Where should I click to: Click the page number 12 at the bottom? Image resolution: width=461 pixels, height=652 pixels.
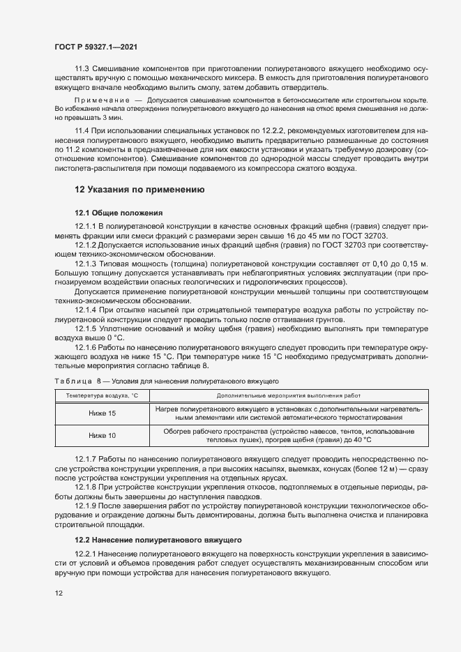(x=59, y=593)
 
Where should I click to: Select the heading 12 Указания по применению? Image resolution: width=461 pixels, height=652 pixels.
(x=139, y=189)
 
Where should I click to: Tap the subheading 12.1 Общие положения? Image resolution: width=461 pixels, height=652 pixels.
(x=119, y=212)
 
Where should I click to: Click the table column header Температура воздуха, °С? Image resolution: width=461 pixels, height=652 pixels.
(x=103, y=396)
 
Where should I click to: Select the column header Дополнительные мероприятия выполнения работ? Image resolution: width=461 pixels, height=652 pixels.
(x=284, y=396)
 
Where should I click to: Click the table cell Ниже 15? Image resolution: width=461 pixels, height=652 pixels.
(x=103, y=414)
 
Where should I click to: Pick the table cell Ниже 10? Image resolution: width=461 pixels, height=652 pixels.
(x=103, y=436)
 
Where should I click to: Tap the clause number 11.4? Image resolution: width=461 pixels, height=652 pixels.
(x=82, y=131)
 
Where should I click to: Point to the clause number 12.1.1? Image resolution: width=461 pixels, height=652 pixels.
(x=86, y=227)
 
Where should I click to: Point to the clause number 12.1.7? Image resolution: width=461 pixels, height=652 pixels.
(x=86, y=460)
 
